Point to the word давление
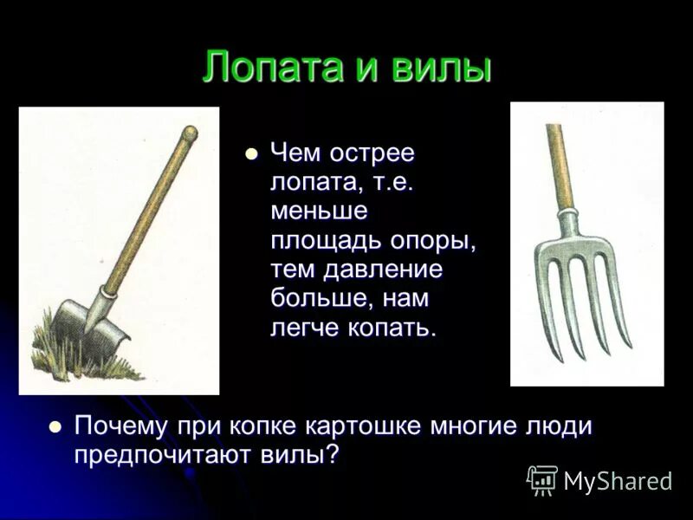(x=383, y=270)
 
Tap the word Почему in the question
(x=120, y=426)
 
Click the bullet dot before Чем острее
(x=252, y=154)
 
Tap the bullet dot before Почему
(x=56, y=426)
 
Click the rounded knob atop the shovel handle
(x=189, y=133)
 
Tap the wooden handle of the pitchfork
(x=559, y=165)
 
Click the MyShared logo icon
(x=542, y=480)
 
